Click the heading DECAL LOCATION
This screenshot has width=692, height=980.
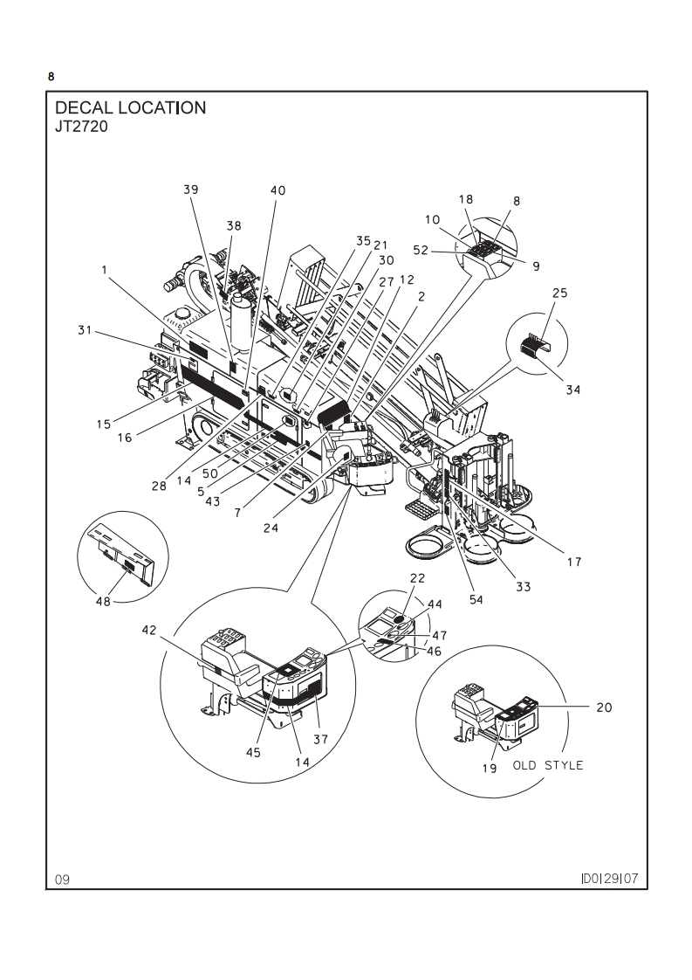point(131,107)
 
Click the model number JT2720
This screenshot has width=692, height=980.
point(82,127)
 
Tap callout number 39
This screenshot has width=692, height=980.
point(191,190)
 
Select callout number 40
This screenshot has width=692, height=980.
point(277,190)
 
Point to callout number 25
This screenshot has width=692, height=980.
point(560,293)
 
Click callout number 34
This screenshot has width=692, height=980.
point(573,390)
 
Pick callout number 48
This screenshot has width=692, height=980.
point(103,601)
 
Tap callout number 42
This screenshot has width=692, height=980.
point(149,630)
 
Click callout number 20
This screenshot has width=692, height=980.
point(605,707)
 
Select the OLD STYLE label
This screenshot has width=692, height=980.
point(548,766)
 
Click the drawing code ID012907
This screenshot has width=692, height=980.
point(610,879)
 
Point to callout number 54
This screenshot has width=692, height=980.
point(476,599)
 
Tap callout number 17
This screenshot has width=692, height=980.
point(574,562)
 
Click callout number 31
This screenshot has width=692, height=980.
point(85,330)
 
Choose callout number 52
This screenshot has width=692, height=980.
point(421,250)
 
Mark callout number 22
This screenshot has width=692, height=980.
point(417,578)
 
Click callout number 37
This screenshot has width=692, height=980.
point(320,740)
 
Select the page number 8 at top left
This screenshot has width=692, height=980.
point(51,77)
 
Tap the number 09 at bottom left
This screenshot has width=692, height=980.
point(63,880)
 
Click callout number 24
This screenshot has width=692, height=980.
point(271,528)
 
